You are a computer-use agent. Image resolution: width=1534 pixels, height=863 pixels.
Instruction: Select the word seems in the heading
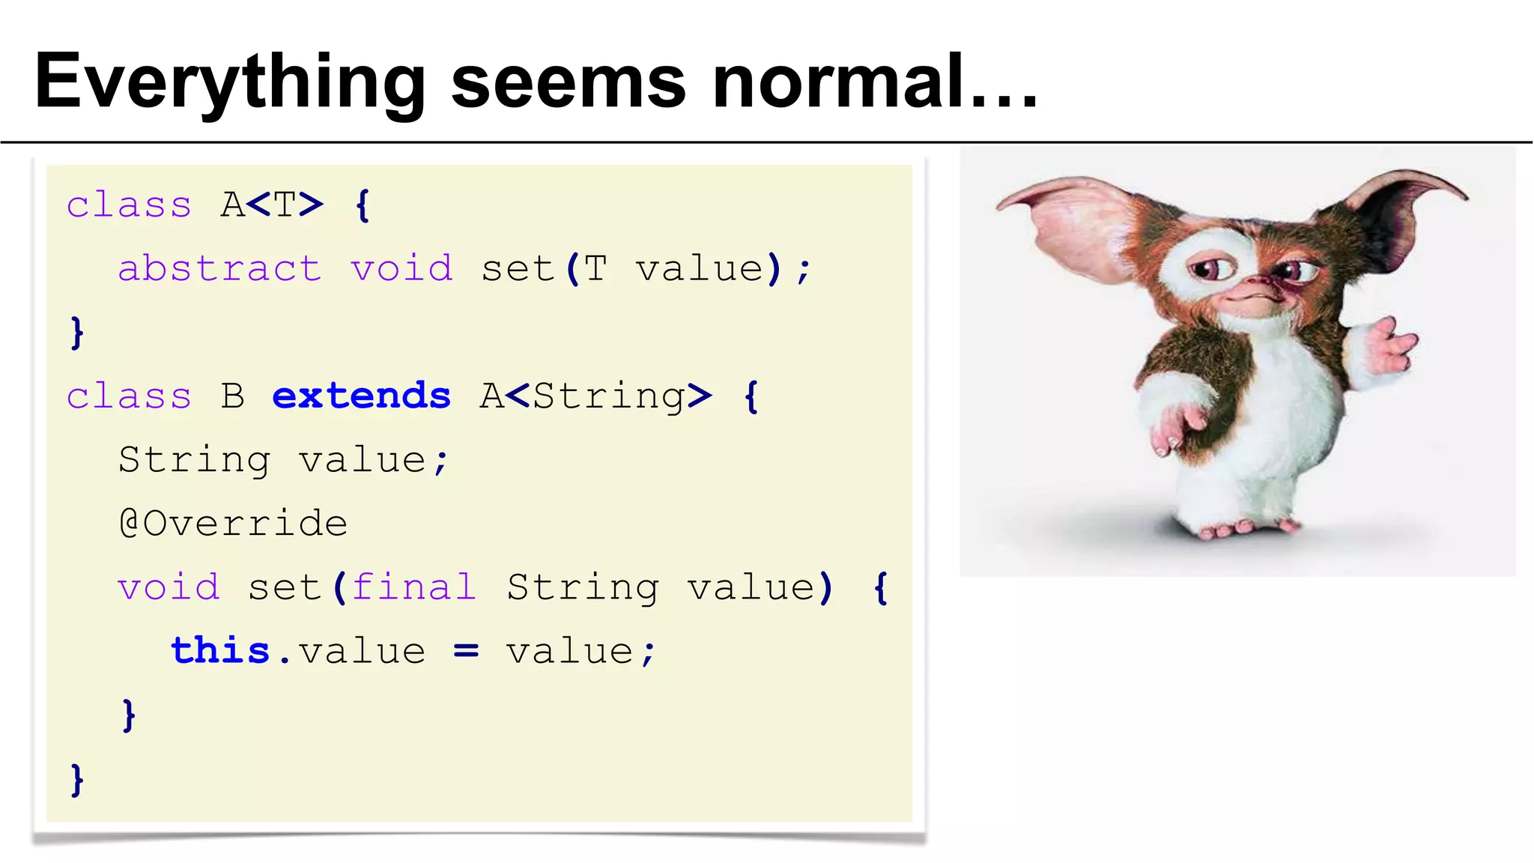[569, 82]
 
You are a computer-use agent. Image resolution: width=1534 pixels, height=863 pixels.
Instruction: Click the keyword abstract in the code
[219, 268]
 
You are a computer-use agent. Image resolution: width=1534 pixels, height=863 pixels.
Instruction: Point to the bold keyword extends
[361, 396]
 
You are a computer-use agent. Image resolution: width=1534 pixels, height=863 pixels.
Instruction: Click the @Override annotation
[233, 523]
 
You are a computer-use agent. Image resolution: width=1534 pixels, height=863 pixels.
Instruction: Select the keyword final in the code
[413, 587]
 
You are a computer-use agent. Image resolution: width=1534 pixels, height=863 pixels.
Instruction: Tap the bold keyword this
[219, 650]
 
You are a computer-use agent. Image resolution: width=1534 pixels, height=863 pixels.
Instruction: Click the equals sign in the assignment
[466, 652]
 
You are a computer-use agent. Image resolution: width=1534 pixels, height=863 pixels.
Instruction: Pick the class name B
[233, 396]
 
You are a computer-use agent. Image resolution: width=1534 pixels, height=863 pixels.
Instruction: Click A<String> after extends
[595, 396]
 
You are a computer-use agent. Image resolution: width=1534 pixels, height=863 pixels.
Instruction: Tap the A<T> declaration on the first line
[272, 205]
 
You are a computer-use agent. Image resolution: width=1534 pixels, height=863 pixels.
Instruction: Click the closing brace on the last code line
[76, 779]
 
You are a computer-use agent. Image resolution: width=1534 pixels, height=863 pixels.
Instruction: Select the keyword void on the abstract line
[401, 268]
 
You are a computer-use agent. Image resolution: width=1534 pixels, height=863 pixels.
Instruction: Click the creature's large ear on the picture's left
[1071, 225]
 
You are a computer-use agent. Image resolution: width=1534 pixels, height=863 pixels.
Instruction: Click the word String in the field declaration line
[194, 459]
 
